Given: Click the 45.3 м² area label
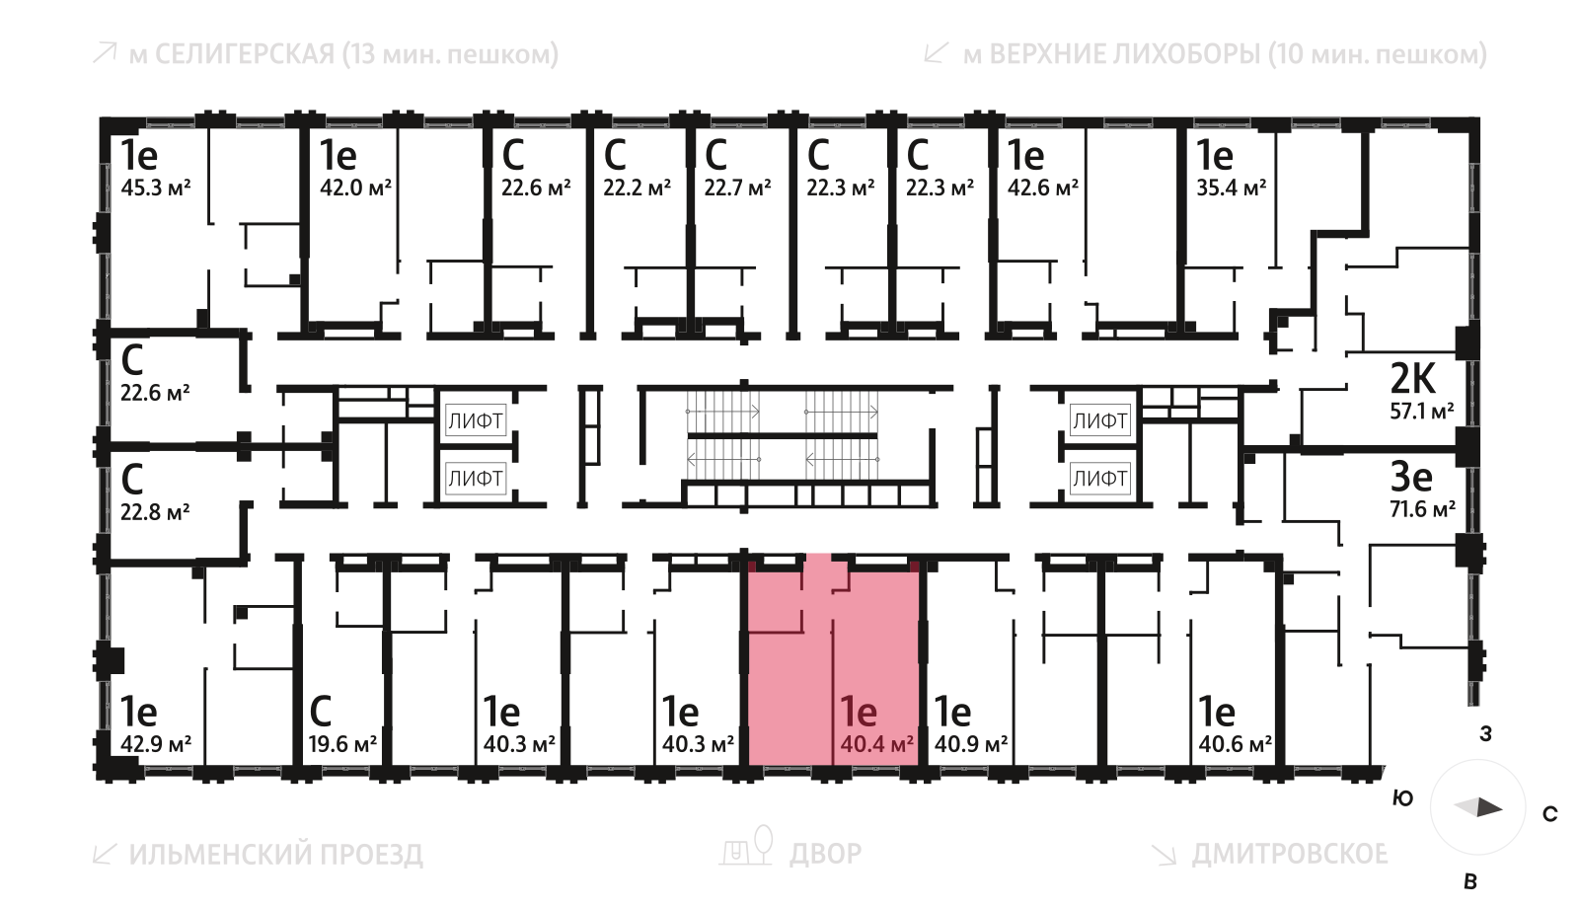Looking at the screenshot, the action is [x=156, y=188].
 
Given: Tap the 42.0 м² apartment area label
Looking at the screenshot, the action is [x=355, y=188].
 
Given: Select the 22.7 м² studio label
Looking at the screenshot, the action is [x=737, y=188].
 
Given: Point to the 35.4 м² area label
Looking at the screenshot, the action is [x=1232, y=188].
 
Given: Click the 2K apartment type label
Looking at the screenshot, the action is [x=1413, y=378].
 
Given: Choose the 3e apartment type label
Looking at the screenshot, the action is [x=1411, y=477].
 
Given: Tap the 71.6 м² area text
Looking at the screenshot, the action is [x=1423, y=509].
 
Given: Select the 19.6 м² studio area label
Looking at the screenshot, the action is [x=342, y=744].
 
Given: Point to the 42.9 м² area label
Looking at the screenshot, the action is [x=156, y=744].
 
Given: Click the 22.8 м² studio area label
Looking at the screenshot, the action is [x=155, y=512].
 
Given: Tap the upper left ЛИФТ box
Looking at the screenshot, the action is [x=476, y=421].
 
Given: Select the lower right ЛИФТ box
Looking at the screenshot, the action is [x=1099, y=479].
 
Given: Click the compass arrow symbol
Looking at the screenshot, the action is [x=1478, y=807].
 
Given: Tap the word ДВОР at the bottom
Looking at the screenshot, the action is [x=826, y=853].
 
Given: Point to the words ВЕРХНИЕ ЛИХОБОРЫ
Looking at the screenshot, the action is [x=1124, y=54].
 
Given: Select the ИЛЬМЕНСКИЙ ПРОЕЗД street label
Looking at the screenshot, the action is [x=276, y=854].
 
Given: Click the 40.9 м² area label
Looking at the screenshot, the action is [x=971, y=744].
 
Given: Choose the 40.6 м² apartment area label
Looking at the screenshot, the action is [x=1236, y=744].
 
